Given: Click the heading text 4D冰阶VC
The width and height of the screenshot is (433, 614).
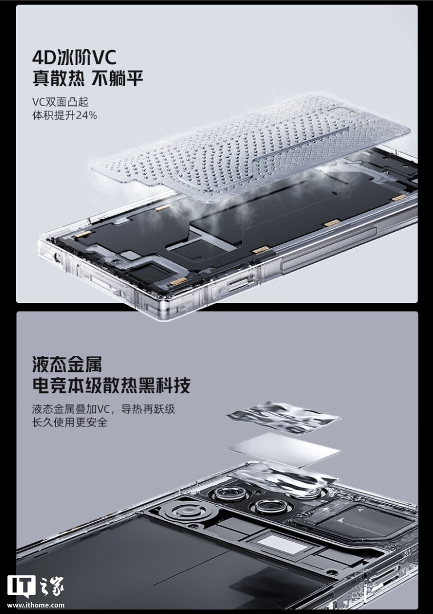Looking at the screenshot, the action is click(x=74, y=59).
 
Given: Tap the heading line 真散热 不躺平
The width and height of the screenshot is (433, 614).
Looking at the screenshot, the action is click(x=87, y=79).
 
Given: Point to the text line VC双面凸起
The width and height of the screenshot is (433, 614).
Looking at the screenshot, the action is click(x=60, y=102).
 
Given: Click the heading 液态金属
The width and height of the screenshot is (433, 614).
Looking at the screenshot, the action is click(x=67, y=364).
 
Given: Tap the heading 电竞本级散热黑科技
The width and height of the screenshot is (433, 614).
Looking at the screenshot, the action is click(x=111, y=385).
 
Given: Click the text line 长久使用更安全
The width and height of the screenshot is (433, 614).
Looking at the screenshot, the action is click(x=70, y=422).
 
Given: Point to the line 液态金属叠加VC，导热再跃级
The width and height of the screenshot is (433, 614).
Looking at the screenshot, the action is click(x=104, y=410).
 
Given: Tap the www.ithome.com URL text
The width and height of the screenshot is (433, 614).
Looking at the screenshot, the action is click(x=36, y=605).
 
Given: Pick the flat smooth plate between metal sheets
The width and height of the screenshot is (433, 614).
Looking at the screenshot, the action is click(x=283, y=449).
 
